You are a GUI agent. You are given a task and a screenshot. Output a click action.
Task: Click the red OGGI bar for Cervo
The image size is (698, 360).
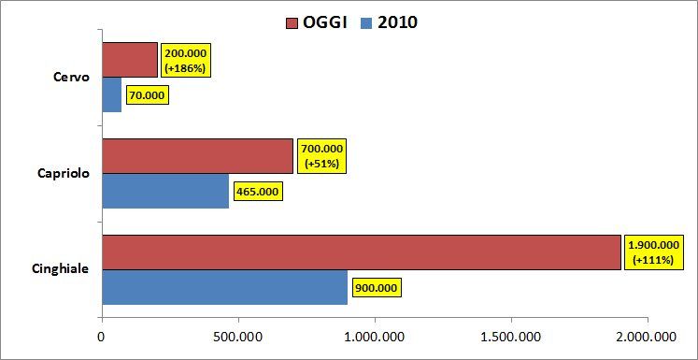129,60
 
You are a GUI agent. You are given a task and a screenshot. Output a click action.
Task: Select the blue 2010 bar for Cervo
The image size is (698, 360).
111,94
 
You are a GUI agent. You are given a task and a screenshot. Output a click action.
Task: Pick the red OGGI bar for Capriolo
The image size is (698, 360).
196,156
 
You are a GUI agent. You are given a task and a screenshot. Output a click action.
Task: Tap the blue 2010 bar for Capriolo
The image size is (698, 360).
164,191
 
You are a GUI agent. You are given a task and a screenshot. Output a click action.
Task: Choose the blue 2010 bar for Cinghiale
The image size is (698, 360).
224,287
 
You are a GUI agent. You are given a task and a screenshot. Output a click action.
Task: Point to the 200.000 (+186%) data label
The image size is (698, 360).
185,60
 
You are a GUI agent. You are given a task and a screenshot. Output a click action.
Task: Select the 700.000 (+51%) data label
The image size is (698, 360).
321,156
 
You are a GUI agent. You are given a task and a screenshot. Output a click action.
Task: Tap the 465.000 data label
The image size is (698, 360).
257,192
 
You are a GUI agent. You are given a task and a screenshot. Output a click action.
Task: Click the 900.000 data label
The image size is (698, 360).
377,287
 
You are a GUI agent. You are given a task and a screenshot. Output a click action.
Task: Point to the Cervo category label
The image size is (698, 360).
71,77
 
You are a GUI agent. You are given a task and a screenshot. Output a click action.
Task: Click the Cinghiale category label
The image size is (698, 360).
60,269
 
